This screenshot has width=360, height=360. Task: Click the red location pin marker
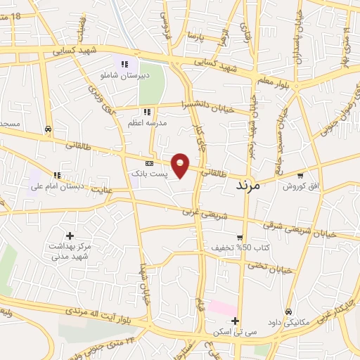181,165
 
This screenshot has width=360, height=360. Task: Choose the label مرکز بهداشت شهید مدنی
69,252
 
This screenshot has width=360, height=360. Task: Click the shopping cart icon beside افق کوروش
301,175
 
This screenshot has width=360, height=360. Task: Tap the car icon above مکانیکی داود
288,311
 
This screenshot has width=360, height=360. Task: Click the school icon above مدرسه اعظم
147,112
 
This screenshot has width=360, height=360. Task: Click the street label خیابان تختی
270,267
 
